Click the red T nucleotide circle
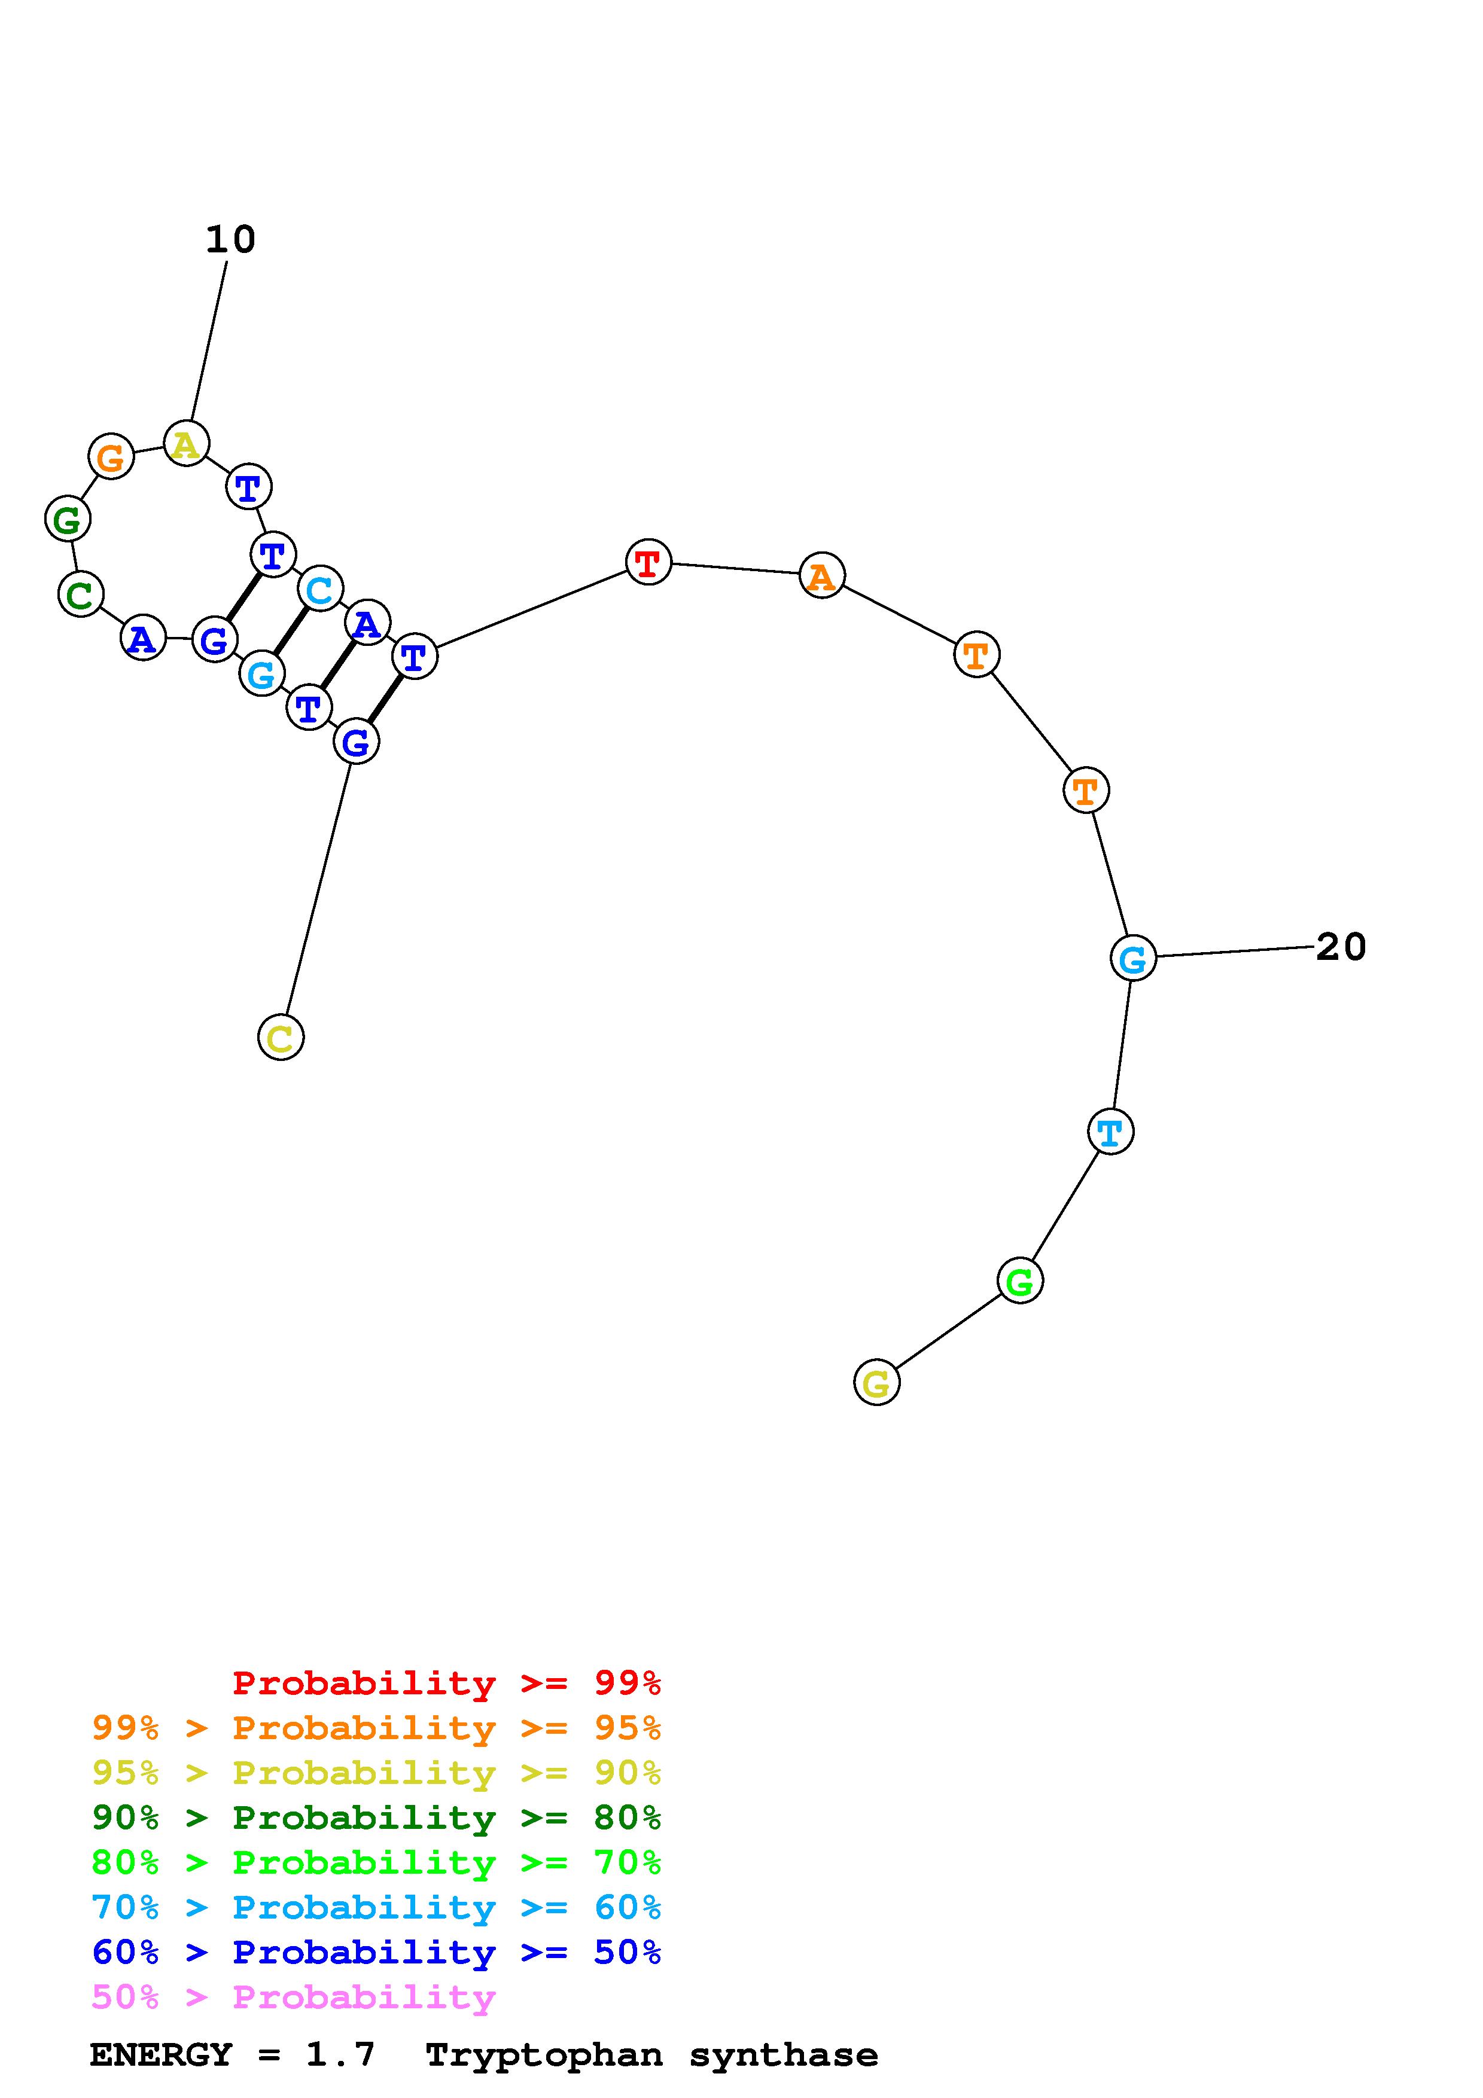click(648, 562)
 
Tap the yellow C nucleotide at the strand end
click(281, 1037)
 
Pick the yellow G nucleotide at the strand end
click(876, 1383)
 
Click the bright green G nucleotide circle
click(1020, 1280)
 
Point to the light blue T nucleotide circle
click(1110, 1132)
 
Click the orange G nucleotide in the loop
click(111, 456)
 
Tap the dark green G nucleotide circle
click(68, 519)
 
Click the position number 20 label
click(1341, 947)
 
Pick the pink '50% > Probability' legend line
click(293, 1998)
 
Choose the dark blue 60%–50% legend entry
click(376, 1953)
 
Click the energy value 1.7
click(340, 2055)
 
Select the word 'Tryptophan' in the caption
click(544, 2055)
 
